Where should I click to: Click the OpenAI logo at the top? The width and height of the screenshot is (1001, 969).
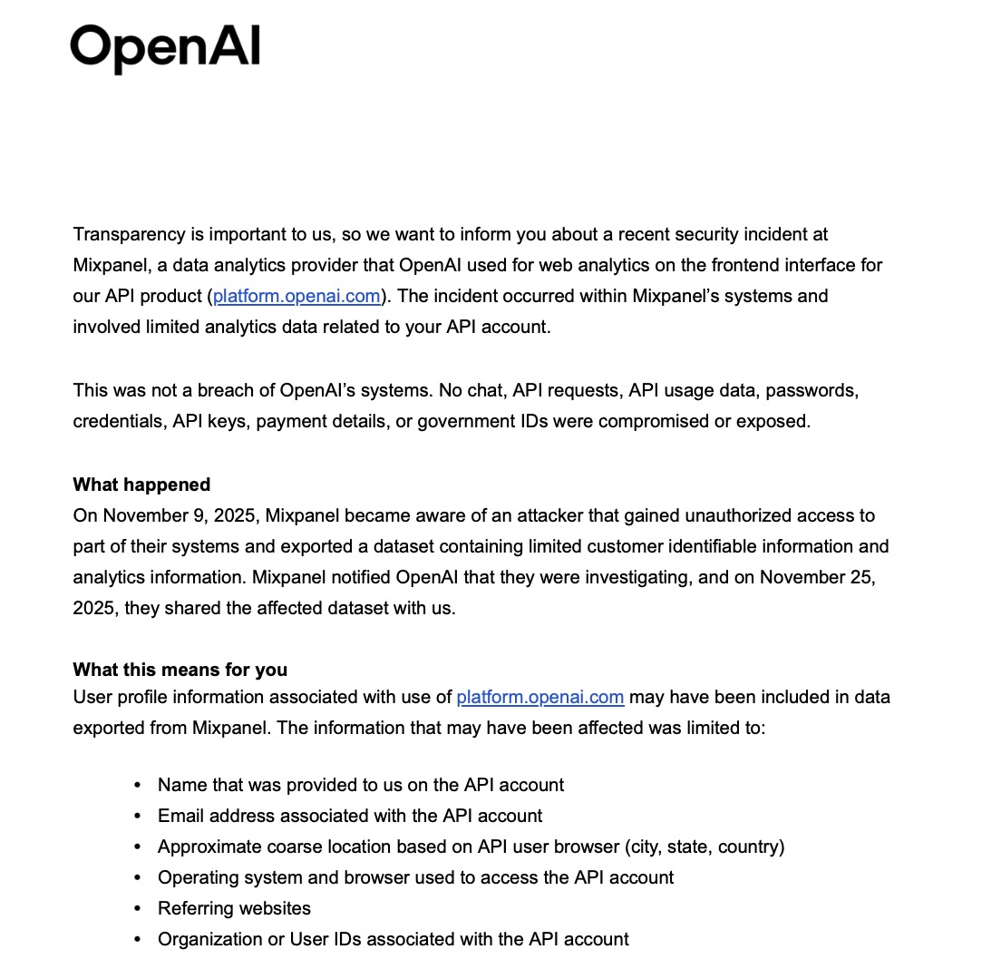165,48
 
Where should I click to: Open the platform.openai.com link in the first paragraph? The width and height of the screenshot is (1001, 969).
296,296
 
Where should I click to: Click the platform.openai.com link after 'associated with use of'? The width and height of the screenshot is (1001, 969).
539,697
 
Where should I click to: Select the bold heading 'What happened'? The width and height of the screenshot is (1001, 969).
141,484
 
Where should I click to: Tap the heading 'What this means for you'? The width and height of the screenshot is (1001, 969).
180,670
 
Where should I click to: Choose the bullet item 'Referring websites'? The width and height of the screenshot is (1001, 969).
234,908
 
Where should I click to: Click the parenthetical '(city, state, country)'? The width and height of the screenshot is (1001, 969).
704,847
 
